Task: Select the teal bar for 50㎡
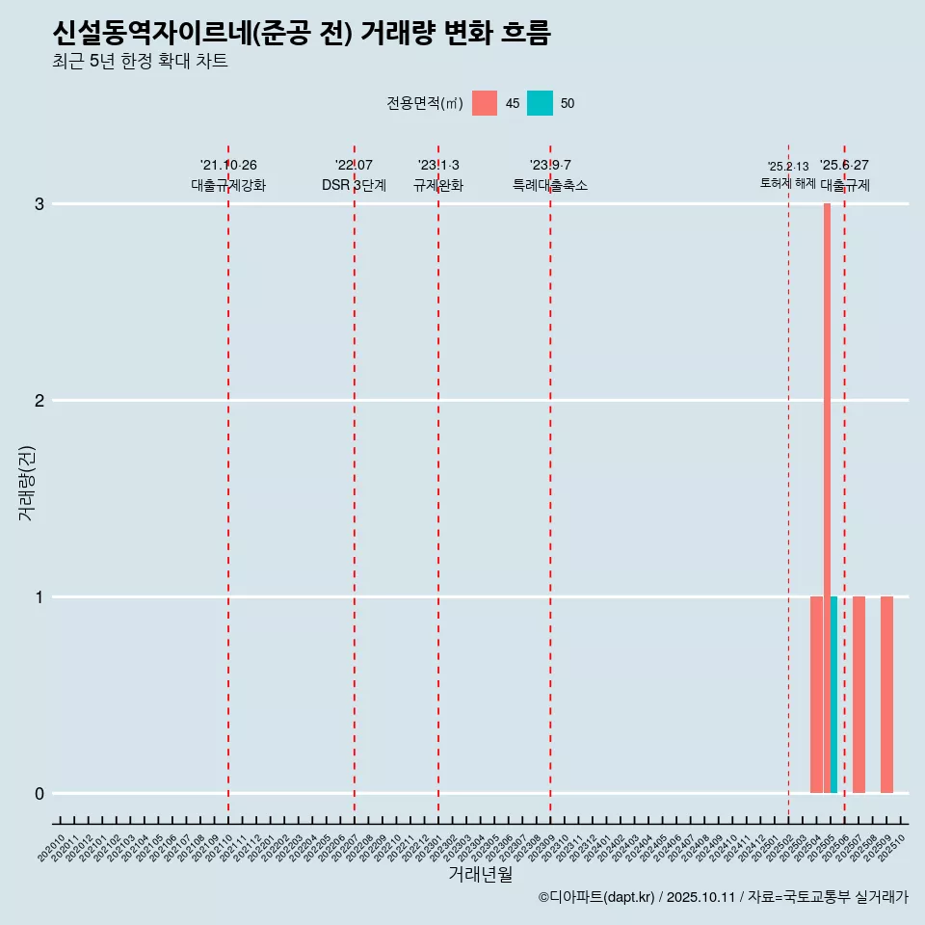[833, 694]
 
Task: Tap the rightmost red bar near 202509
[886, 694]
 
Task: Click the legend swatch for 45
[485, 103]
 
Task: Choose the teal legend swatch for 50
[540, 103]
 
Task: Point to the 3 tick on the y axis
[40, 204]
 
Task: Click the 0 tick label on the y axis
[40, 794]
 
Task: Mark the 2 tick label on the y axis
[40, 401]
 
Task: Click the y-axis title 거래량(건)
[27, 482]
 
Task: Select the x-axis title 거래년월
[480, 874]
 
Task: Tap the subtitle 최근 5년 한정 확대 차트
[140, 63]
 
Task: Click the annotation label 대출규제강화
[228, 186]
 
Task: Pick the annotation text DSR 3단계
[354, 186]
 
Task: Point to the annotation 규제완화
[438, 186]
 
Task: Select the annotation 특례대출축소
[549, 186]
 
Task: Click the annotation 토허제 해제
[787, 183]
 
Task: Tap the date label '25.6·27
[844, 166]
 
